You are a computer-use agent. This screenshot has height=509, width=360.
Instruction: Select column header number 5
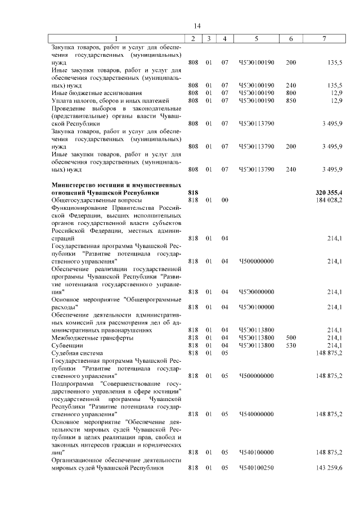[x=256, y=38]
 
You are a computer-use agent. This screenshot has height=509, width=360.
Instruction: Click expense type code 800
[x=291, y=93]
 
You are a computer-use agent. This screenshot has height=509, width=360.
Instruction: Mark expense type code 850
[x=291, y=100]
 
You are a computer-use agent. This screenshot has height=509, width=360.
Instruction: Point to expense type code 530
[x=291, y=345]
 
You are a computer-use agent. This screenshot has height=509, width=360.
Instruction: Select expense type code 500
[x=291, y=337]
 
